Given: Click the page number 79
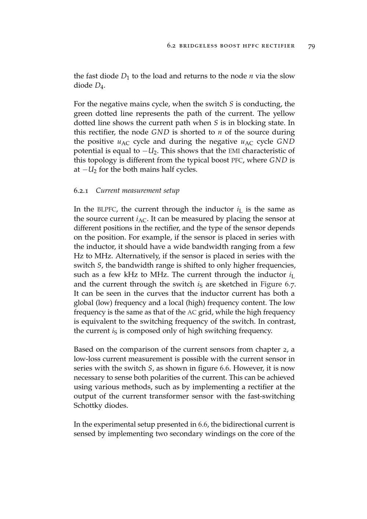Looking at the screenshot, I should pyautogui.click(x=312, y=46).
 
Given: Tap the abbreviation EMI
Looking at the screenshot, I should pyautogui.click(x=233, y=151).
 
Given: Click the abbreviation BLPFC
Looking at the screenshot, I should pyautogui.click(x=106, y=210).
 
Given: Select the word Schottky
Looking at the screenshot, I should pyautogui.click(x=89, y=406).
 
